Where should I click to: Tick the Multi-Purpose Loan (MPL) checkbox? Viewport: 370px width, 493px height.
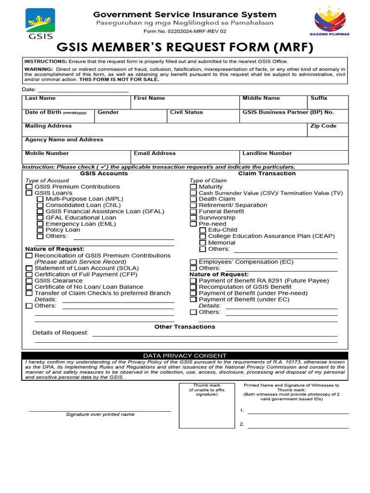click(40, 199)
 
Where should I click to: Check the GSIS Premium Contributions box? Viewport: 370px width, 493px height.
click(29, 187)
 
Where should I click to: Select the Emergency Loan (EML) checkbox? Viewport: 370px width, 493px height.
click(40, 224)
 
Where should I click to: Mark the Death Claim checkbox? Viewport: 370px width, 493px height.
click(193, 199)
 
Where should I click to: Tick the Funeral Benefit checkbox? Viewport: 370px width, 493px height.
click(193, 211)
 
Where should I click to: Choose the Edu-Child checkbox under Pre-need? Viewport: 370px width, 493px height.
click(202, 230)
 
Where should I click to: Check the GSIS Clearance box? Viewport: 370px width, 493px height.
click(29, 281)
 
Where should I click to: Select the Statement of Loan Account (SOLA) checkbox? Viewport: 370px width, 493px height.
click(29, 268)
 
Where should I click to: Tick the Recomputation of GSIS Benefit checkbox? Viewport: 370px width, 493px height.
click(193, 287)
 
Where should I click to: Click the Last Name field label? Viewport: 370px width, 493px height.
click(40, 98)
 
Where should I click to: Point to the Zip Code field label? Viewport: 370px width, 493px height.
click(323, 126)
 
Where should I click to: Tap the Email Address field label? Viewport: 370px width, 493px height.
click(155, 153)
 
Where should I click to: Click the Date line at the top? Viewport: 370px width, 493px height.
click(82, 91)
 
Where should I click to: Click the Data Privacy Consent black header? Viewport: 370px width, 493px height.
click(185, 355)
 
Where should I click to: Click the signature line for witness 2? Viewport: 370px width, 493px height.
click(298, 428)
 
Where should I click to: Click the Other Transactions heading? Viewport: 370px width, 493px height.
click(185, 327)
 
